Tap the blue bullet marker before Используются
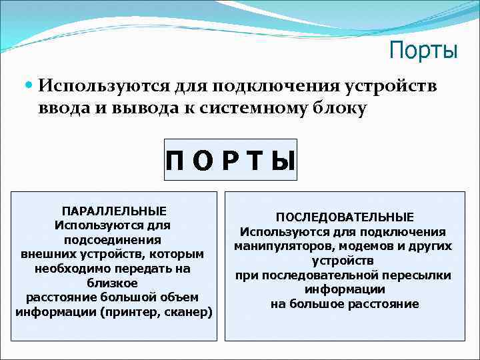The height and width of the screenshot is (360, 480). pos(28,85)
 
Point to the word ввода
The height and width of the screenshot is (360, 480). pos(63,109)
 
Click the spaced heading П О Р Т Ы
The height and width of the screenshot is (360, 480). pos(231,161)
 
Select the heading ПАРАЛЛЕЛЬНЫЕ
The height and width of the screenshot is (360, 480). pos(114,211)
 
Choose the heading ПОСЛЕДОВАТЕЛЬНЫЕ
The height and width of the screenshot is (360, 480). pos(345,217)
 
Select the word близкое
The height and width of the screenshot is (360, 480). pos(113,283)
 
